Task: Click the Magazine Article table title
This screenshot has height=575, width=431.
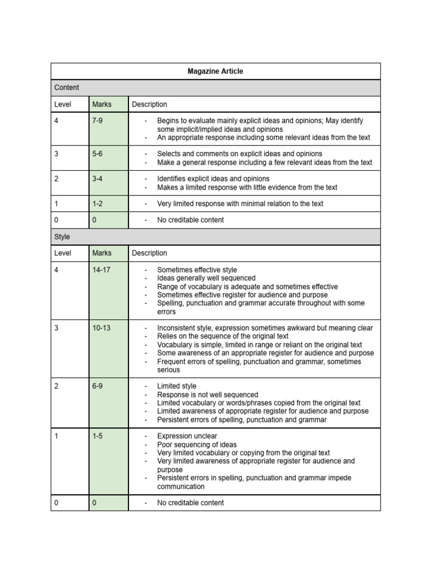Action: coord(215,71)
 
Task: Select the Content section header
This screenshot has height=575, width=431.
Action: coord(67,88)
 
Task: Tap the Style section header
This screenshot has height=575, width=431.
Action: coord(62,237)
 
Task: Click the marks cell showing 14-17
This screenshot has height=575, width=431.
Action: coord(102,270)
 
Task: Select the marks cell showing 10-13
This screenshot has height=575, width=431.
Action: coord(102,328)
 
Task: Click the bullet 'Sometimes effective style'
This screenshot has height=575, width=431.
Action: coord(197,270)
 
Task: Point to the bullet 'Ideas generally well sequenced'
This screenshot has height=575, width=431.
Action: coord(206,278)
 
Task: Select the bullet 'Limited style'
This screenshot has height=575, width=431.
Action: coord(177,386)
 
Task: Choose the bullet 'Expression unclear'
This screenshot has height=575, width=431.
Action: coord(187,436)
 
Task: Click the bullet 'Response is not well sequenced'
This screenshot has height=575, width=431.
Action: coord(208,395)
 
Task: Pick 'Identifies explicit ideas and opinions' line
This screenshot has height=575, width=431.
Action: coord(213,179)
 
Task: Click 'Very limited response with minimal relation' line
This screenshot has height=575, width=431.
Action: coord(240,204)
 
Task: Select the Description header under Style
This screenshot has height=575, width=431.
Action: coord(149,253)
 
